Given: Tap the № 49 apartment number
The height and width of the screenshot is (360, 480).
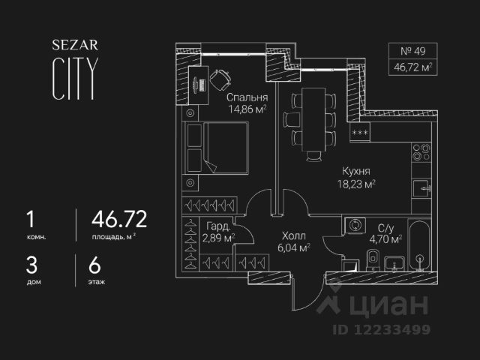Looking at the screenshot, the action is pos(412,52).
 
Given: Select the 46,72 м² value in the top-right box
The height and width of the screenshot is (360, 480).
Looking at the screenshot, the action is pos(412,67).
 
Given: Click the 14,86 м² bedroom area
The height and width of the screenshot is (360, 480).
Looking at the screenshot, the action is pos(247,109).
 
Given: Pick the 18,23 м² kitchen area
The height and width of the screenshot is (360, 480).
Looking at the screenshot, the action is pos(355,183).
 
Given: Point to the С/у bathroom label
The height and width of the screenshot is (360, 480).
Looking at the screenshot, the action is pos(386,228).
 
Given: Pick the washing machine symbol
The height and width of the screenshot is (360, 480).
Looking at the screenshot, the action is pos(354,226).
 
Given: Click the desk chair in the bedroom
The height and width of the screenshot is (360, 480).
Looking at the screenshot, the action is pos(221,79).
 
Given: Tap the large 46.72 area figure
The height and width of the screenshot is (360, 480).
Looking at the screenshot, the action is pos(118,219).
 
